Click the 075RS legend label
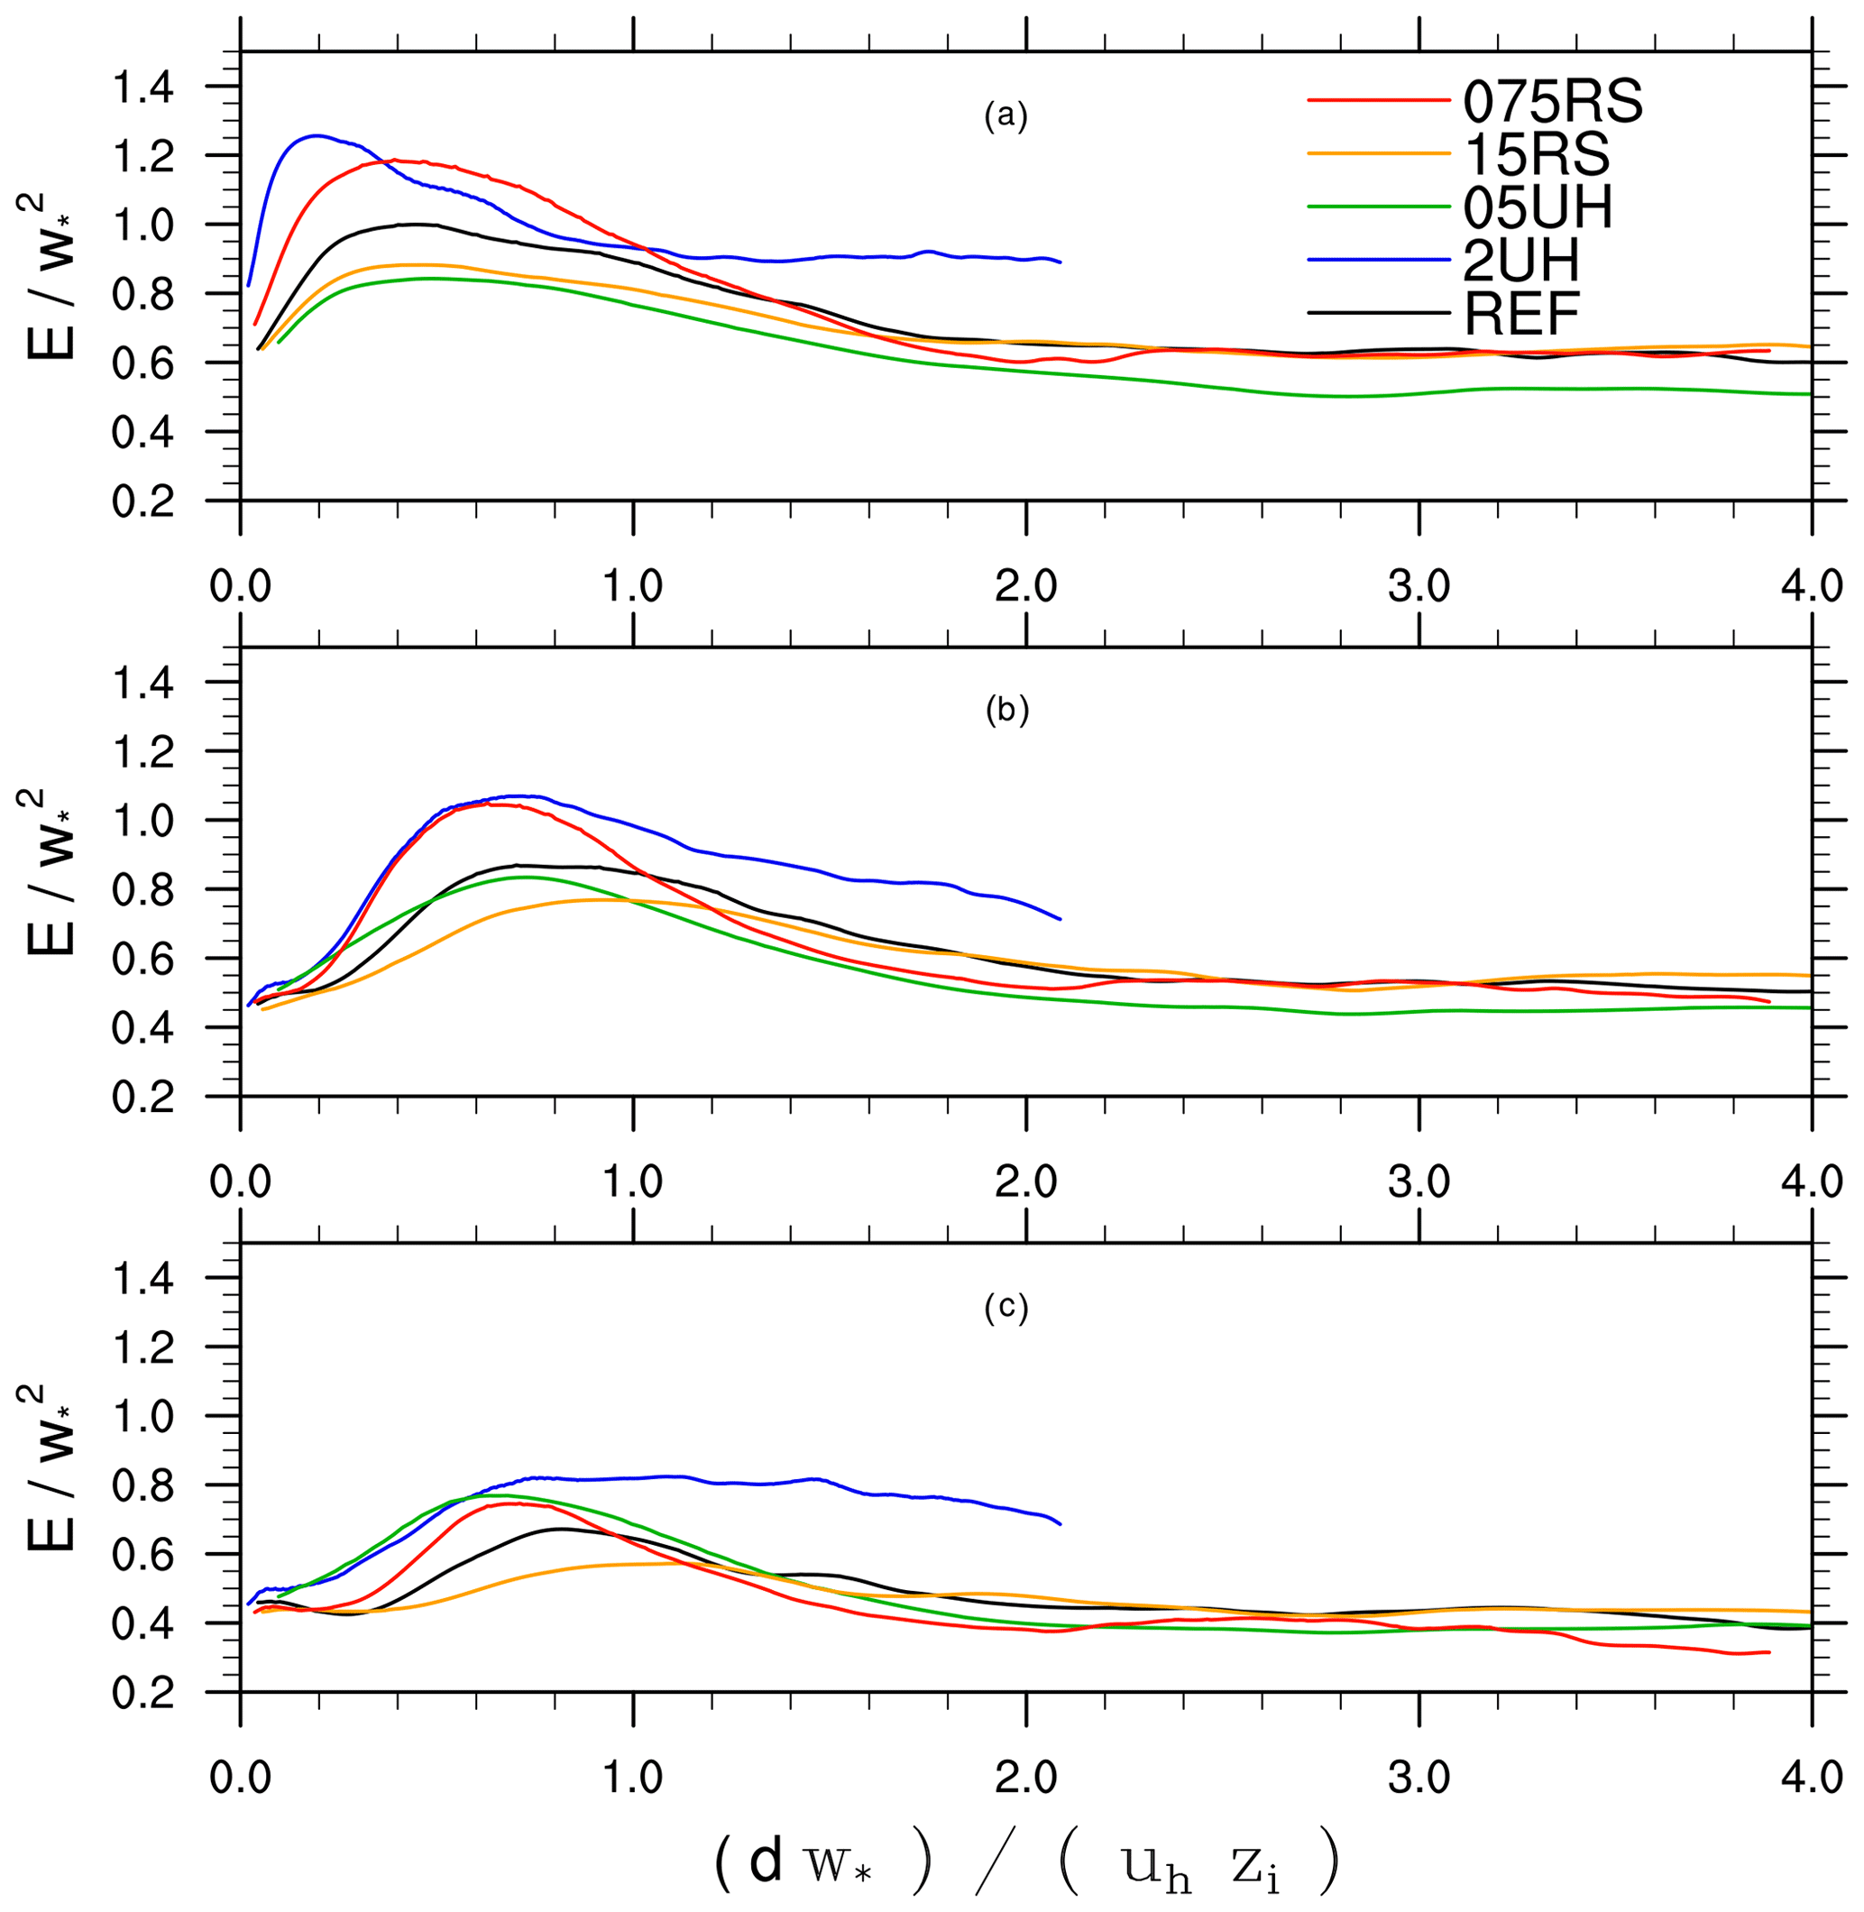pyautogui.click(x=1553, y=101)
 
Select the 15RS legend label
pyautogui.click(x=1536, y=153)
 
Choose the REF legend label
pyautogui.click(x=1521, y=313)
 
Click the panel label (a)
pyautogui.click(x=1005, y=116)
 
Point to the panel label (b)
pyautogui.click(x=1006, y=712)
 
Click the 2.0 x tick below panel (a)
pyautogui.click(x=1026, y=585)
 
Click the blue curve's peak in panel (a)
pyautogui.click(x=316, y=136)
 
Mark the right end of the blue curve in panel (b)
pyautogui.click(x=1061, y=918)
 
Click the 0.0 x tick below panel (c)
pyautogui.click(x=241, y=1778)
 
